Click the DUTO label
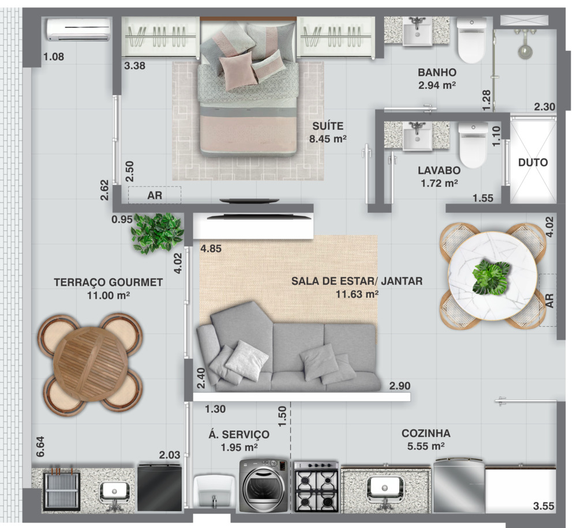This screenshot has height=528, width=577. pos(533,162)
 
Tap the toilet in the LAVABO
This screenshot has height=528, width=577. pos(473,145)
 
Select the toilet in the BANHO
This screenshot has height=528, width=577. pos(471,40)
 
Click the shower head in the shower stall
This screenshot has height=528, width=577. pos(526,51)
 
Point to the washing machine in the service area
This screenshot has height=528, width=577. pos(264,486)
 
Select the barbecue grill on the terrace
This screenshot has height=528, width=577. pos(62,491)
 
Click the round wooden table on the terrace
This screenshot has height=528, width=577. pos(91,364)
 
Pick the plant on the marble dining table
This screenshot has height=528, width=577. pos(491,277)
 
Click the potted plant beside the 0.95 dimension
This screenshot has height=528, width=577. pos(157,233)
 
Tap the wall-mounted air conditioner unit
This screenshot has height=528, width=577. pos(78,29)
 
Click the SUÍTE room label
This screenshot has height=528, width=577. pos(328,126)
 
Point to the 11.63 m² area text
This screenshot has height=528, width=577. pos(357,294)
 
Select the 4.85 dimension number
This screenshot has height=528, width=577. pos(211,248)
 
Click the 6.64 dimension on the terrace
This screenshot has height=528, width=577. pos(40,447)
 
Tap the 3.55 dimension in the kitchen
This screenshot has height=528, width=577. pos(544,506)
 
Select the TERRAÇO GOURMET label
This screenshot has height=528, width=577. pos(108,282)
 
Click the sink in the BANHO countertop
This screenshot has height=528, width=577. pos(417,32)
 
